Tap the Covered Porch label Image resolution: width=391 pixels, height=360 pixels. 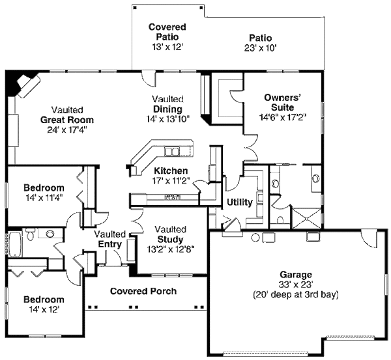pyautogui.click(x=143, y=291)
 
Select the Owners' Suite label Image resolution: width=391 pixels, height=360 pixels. pyautogui.click(x=282, y=103)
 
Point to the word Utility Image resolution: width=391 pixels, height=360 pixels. pyautogui.click(x=239, y=202)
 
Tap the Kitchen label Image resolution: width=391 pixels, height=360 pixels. pyautogui.click(x=170, y=171)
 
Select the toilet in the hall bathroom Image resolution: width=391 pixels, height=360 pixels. pyautogui.click(x=50, y=233)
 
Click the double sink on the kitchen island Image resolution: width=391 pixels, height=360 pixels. pyautogui.click(x=173, y=152)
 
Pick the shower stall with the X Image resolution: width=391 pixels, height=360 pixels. pyautogui.click(x=305, y=217)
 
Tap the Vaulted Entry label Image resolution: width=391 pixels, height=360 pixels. pyautogui.click(x=109, y=239)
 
